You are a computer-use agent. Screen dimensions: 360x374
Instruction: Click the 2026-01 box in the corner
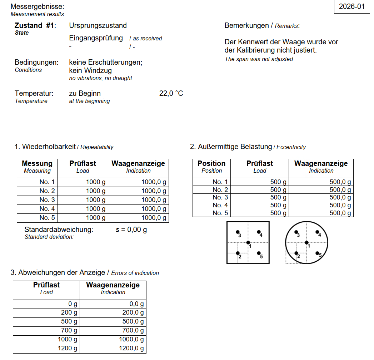point(351,6)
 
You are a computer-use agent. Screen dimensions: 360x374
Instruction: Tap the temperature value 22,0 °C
point(171,93)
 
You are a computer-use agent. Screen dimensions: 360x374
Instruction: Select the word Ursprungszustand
point(98,25)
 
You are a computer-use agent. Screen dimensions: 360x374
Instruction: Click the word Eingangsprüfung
point(96,38)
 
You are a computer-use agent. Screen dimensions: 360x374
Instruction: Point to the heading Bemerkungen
point(246,25)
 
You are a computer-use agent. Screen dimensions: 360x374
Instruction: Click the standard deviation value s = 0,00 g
point(131,230)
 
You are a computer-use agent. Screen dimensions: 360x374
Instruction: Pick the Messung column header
point(37,164)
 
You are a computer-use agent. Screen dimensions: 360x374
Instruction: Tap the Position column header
point(211,164)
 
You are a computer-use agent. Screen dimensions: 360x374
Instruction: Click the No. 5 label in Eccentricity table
point(220,213)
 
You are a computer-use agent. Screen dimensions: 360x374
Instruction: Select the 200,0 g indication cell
point(132,313)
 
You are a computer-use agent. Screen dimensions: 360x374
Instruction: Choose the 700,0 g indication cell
point(132,330)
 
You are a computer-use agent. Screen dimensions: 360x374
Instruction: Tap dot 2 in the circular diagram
point(296,253)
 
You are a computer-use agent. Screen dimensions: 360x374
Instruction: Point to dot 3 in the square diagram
point(238,232)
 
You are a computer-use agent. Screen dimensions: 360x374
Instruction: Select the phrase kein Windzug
point(90,70)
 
